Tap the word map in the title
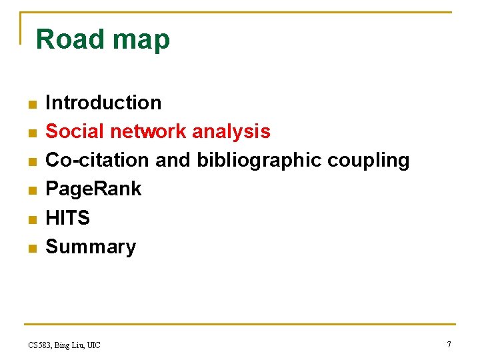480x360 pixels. [x=141, y=41]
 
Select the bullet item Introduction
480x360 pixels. [x=103, y=103]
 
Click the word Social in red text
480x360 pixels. [x=75, y=131]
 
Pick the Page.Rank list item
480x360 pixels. [x=93, y=189]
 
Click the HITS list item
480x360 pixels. [x=67, y=218]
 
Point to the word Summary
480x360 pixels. [x=91, y=247]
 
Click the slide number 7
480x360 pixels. [x=449, y=344]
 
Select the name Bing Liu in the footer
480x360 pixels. [x=70, y=345]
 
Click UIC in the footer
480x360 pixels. [x=93, y=345]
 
